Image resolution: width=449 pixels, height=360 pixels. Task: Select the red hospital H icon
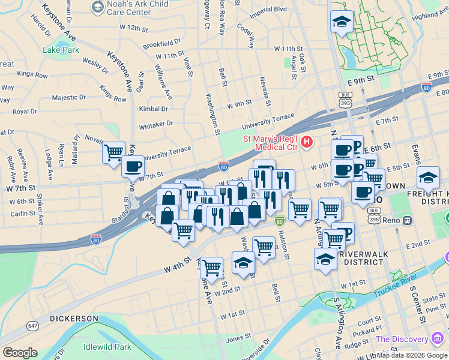307,142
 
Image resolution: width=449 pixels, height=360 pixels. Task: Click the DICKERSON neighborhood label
74,317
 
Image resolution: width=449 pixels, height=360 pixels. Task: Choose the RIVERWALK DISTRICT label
364,259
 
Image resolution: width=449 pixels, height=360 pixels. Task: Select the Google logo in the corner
20,352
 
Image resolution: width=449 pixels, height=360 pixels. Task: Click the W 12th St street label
133,28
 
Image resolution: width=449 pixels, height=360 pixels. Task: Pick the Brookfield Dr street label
161,44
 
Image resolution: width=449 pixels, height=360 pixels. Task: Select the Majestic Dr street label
69,97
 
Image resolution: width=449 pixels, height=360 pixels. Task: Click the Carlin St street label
23,213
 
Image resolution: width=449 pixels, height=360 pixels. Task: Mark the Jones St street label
238,338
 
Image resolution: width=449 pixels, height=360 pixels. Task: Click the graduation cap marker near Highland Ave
342,23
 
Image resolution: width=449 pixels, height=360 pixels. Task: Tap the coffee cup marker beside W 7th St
133,166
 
